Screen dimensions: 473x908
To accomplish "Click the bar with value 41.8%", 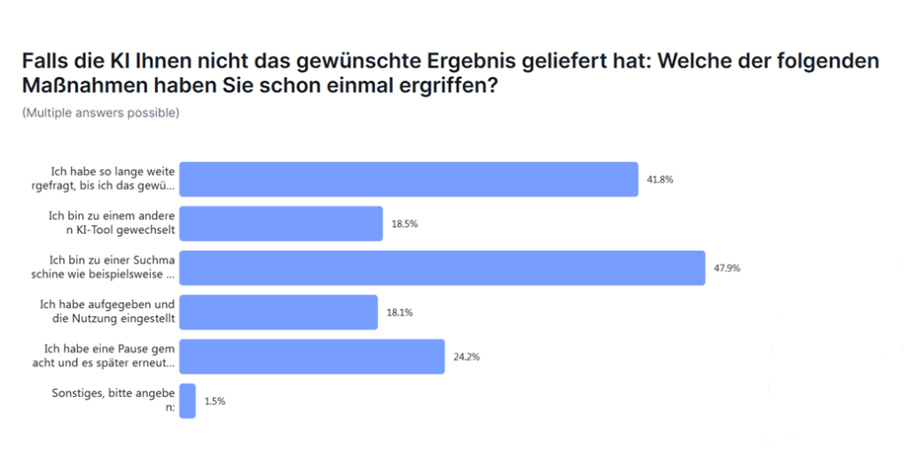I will (x=409, y=179).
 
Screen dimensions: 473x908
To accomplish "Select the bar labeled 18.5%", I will (x=281, y=223).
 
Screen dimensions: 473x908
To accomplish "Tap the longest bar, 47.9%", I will (x=442, y=268).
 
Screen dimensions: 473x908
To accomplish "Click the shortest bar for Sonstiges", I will (x=187, y=400).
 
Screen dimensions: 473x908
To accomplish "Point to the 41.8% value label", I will (x=660, y=180).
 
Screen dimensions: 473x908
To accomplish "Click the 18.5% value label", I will (x=404, y=224).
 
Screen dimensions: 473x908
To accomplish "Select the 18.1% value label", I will (x=399, y=313).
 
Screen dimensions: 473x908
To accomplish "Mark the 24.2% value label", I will (x=466, y=357).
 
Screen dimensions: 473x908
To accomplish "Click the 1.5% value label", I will (x=215, y=401).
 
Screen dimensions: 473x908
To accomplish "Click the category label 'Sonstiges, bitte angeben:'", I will (x=116, y=400).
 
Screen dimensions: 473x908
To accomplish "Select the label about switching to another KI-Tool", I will (x=111, y=223).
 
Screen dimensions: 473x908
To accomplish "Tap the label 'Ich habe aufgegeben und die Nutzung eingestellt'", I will (x=107, y=312).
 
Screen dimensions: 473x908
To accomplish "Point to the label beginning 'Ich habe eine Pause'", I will (x=109, y=356).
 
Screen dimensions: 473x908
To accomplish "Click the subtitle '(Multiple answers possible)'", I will (x=100, y=112).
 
